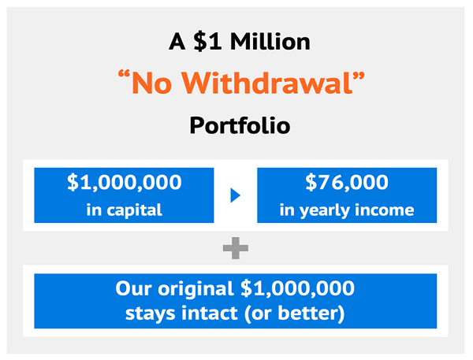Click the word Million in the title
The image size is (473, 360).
pos(270,42)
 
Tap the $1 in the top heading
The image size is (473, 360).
pos(208,42)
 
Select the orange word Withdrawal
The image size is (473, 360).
pos(267,84)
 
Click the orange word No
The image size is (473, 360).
pos(152,84)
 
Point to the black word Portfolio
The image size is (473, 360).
pos(240,125)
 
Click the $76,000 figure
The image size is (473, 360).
pos(347,183)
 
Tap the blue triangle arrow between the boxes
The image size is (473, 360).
pos(235,195)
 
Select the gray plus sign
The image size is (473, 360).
pos(236,248)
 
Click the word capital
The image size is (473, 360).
pos(134,210)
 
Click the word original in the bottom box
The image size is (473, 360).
pos(196,289)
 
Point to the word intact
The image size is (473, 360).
pos(210,314)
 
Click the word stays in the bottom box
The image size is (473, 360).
pos(151,314)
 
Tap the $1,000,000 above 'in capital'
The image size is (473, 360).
pos(125,183)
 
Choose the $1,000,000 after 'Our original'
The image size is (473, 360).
pos(297,288)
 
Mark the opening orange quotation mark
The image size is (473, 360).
pos(125,75)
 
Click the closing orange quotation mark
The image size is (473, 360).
pos(359,75)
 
